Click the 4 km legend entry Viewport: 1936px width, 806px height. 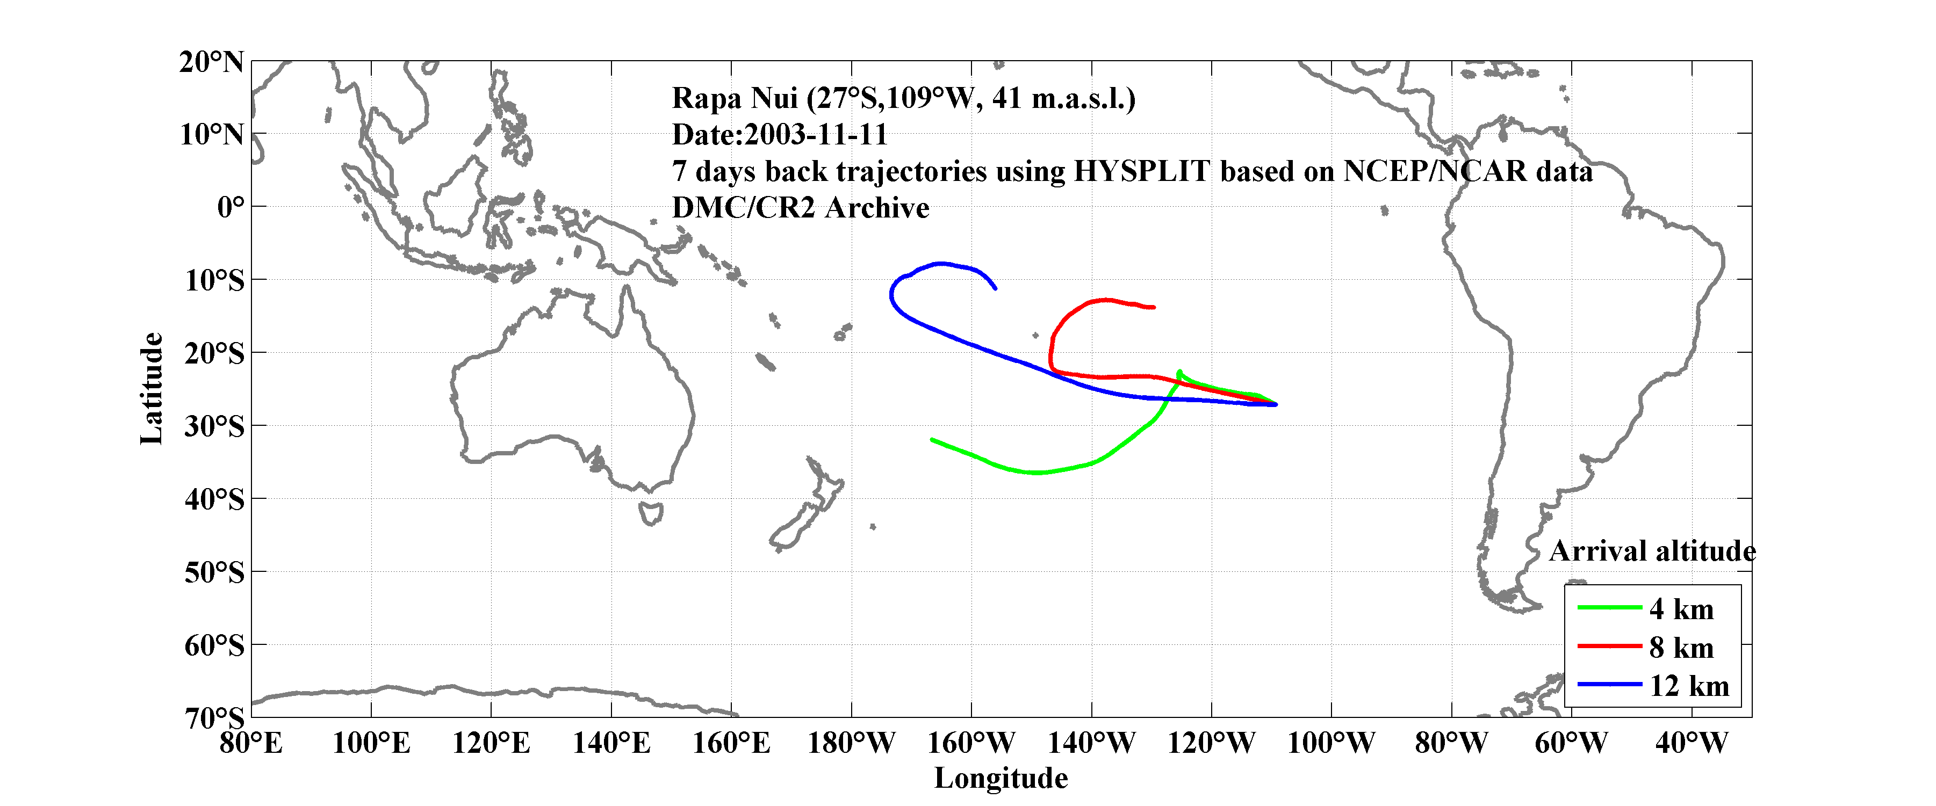coord(1681,609)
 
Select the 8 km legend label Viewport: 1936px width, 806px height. coord(1681,648)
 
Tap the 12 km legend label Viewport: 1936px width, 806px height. coord(1689,686)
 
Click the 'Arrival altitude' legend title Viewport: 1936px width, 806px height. coord(1652,551)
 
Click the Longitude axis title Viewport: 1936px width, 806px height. coord(1001,778)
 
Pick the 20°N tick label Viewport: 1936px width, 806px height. coord(211,62)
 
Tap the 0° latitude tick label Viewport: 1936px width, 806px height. coord(231,207)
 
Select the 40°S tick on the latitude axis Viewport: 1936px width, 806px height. coord(214,499)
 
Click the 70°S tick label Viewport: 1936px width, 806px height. coord(214,718)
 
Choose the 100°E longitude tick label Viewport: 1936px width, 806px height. coord(371,743)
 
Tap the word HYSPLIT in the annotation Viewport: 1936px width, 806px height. coord(1141,171)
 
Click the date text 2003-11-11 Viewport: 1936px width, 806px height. coord(816,134)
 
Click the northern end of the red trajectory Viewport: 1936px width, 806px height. coord(1154,307)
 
